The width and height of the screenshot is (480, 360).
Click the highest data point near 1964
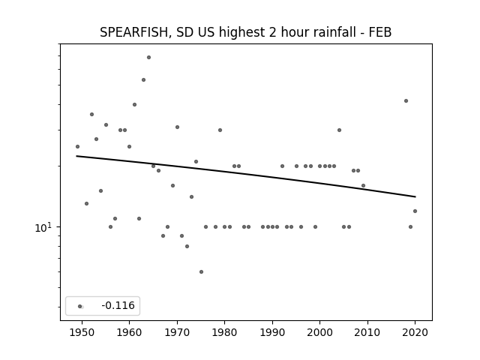pyautogui.click(x=148, y=57)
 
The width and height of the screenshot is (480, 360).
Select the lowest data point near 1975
pyautogui.click(x=201, y=271)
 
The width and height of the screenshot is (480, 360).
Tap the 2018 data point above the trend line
pyautogui.click(x=406, y=100)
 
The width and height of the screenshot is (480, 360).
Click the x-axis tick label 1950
pyautogui.click(x=82, y=332)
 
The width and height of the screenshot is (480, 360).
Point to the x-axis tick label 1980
pyautogui.click(x=224, y=332)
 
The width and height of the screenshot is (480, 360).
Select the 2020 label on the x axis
pyautogui.click(x=415, y=332)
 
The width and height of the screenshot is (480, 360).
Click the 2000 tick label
pyautogui.click(x=319, y=332)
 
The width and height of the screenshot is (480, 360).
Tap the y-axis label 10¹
pyautogui.click(x=43, y=227)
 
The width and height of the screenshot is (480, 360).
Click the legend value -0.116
pyautogui.click(x=118, y=305)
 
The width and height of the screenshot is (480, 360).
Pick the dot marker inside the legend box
pyautogui.click(x=80, y=306)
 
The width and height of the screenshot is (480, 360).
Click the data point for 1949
pyautogui.click(x=77, y=147)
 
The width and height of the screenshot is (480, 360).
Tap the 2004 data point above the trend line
pyautogui.click(x=339, y=130)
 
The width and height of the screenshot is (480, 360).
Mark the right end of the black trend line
pyautogui.click(x=415, y=196)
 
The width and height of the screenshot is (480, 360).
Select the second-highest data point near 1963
pyautogui.click(x=143, y=80)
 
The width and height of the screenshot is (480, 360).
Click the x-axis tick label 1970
pyautogui.click(x=177, y=332)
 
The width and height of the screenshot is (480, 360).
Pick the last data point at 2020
pyautogui.click(x=415, y=211)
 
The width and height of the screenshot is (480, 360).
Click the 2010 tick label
pyautogui.click(x=367, y=332)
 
